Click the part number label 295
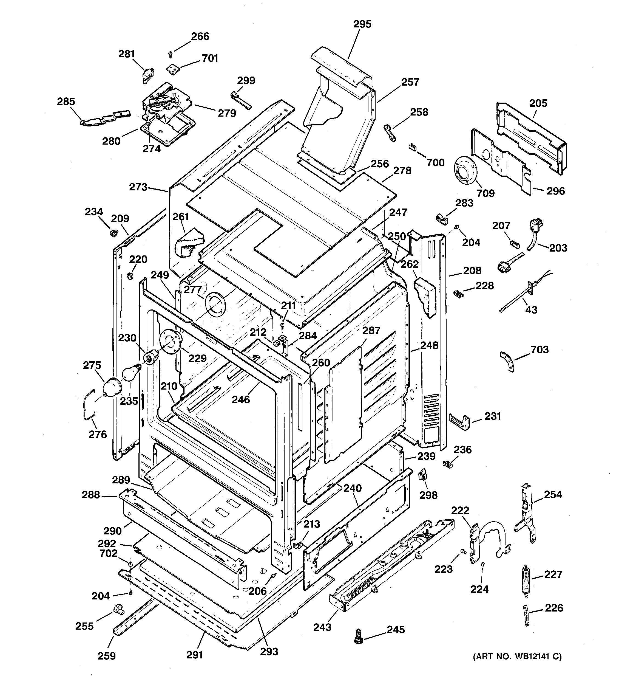362,24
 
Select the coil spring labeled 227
526,581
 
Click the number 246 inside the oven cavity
241,399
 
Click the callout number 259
107,656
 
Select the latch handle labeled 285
105,117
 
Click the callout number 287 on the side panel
371,330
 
